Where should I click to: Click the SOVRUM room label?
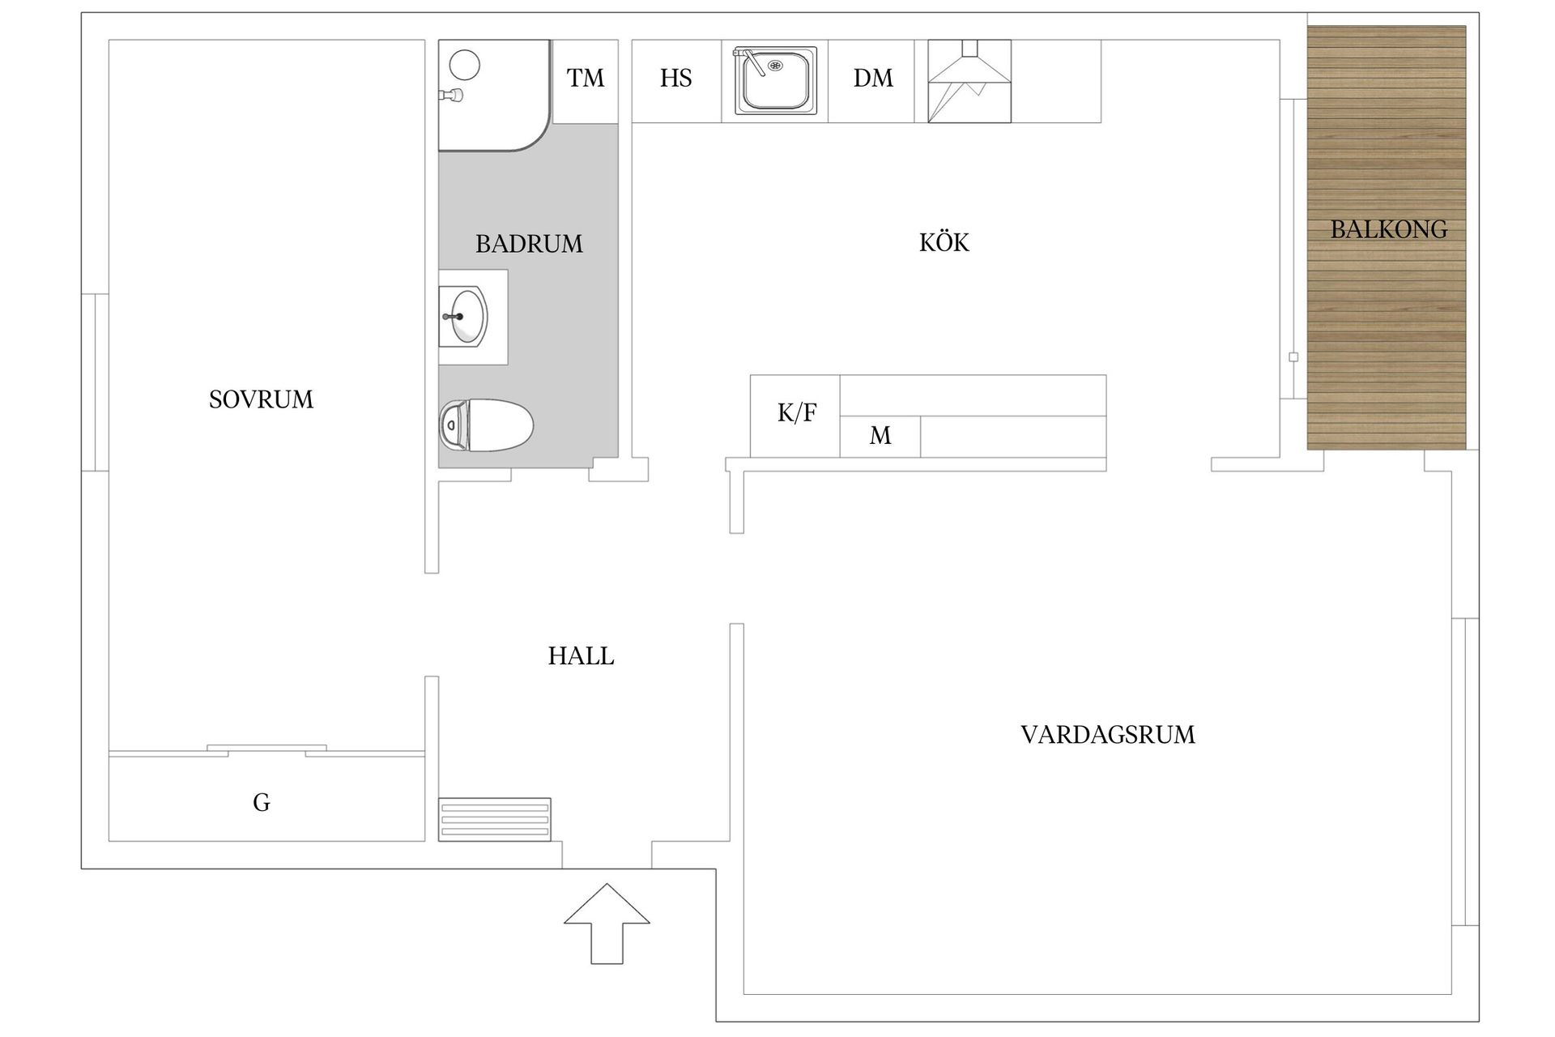click(x=261, y=399)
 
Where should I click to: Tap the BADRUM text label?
click(x=529, y=244)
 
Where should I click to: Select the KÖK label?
click(x=944, y=242)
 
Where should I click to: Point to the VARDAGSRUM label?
click(x=1107, y=735)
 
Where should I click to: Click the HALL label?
click(x=581, y=656)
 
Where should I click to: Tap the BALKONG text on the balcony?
click(x=1388, y=229)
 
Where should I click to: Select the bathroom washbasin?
click(x=467, y=317)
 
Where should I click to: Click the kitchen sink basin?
click(x=775, y=81)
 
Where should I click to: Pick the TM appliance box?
click(x=585, y=79)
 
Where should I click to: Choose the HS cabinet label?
click(x=675, y=79)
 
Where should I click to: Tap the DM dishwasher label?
click(x=872, y=79)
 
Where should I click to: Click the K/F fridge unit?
click(x=795, y=414)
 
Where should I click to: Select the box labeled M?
click(x=880, y=437)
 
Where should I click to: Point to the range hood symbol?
click(x=969, y=81)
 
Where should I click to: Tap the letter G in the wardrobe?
click(x=261, y=803)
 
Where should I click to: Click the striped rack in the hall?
click(x=494, y=819)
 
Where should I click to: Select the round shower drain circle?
click(x=465, y=64)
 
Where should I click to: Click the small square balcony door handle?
click(x=1293, y=357)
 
